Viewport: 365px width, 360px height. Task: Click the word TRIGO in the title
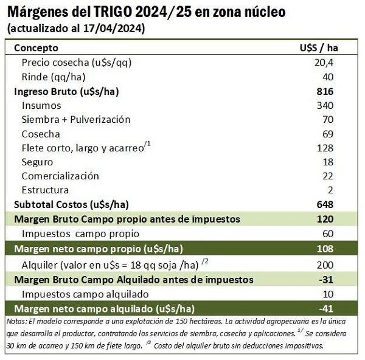click(113, 12)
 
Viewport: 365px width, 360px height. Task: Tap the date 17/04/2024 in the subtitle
click(113, 29)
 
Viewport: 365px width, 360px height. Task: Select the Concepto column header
click(36, 48)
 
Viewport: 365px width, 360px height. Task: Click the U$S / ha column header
click(319, 48)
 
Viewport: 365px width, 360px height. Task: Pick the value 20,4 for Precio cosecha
click(324, 63)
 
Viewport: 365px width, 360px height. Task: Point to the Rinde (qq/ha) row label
click(54, 77)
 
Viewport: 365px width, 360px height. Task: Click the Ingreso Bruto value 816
click(325, 91)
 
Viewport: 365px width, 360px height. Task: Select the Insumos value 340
click(325, 105)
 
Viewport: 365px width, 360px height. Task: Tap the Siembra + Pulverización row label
click(76, 120)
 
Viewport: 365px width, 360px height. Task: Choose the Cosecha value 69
click(328, 134)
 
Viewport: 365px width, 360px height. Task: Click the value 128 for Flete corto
click(325, 148)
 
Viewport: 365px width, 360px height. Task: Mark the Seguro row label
click(37, 162)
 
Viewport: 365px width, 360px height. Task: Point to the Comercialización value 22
click(328, 176)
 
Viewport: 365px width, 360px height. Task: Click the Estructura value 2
click(330, 190)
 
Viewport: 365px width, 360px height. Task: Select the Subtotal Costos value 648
click(325, 204)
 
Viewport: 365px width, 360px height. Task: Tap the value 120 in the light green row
click(325, 219)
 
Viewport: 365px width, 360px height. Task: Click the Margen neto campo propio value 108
click(325, 249)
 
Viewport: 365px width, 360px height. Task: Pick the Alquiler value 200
click(325, 265)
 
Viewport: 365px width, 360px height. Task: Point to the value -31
click(326, 280)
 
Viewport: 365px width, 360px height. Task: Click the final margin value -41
click(326, 309)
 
